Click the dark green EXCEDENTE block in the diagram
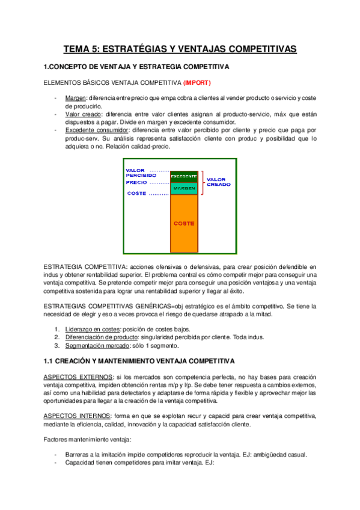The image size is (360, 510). point(184,176)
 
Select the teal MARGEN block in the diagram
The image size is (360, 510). point(184,188)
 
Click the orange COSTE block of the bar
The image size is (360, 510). point(184,223)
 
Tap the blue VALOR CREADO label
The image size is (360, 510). point(218,182)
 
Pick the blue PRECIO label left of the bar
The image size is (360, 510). point(136,182)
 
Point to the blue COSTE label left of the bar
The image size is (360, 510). point(136,194)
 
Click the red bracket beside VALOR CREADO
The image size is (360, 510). point(201,182)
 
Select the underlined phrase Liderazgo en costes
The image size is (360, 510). point(93,329)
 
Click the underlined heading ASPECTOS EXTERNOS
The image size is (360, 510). point(77,376)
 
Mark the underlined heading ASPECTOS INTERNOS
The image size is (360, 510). point(76,416)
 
